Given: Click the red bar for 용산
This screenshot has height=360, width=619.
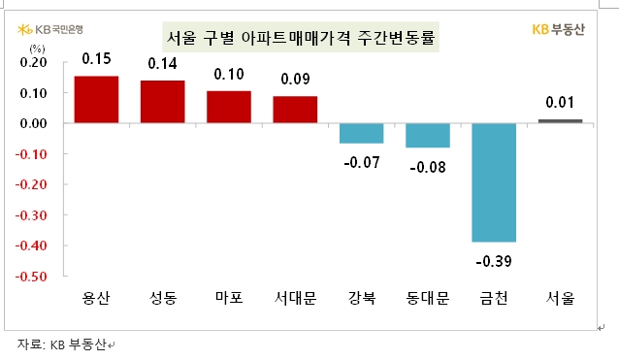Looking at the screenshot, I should [x=96, y=100].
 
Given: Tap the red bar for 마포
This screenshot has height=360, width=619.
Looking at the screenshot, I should [x=229, y=107].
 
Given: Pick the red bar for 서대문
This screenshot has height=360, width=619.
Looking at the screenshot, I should [x=295, y=110].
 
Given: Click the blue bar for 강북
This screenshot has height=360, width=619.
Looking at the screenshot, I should [x=361, y=133].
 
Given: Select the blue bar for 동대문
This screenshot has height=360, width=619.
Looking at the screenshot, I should [x=427, y=135].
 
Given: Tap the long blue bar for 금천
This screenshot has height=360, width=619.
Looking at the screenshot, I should [x=494, y=182].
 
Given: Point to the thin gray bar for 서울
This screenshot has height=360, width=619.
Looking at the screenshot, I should [x=560, y=121].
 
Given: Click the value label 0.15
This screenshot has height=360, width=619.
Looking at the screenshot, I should [x=96, y=60].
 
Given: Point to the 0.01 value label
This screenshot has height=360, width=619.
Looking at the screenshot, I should [x=560, y=103].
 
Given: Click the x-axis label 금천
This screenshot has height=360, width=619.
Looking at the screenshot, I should [x=494, y=300].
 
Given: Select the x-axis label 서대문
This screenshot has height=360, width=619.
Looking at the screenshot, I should [x=295, y=300].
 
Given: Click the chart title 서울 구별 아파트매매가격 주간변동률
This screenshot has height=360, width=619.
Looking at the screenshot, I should [x=300, y=39].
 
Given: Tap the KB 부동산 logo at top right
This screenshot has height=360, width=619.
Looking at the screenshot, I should [x=558, y=29].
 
